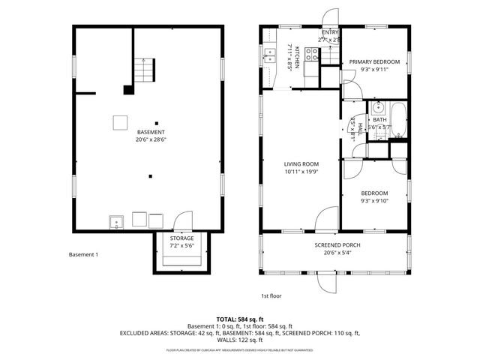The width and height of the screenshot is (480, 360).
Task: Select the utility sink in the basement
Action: (117, 220)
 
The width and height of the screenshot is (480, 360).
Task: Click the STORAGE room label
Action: (181, 238)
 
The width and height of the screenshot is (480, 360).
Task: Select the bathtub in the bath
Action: (400, 121)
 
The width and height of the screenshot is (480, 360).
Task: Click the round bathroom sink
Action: (379, 106)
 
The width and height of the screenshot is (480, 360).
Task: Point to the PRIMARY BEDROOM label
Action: (374, 61)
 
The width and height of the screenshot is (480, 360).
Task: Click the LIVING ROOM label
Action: (301, 163)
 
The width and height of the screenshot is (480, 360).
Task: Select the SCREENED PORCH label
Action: (335, 245)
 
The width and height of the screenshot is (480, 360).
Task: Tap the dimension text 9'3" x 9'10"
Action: (374, 199)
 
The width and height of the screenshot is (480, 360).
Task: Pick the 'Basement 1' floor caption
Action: (83, 255)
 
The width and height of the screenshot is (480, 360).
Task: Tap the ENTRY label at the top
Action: (330, 32)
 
